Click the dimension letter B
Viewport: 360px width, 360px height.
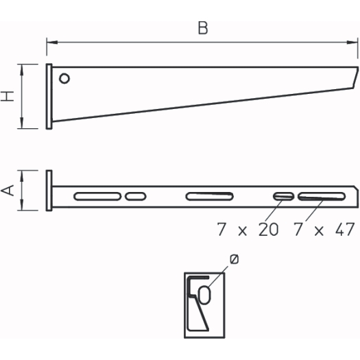[x=203, y=28]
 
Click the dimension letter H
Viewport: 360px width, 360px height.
[x=8, y=96]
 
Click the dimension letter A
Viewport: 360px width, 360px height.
[x=8, y=190]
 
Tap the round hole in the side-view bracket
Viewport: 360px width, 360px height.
[x=64, y=79]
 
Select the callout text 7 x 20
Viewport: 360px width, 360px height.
[x=248, y=229]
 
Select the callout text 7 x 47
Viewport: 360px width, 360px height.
[x=324, y=229]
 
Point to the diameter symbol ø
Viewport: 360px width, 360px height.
[x=235, y=259]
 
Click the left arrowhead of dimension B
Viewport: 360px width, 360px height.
[x=52, y=43]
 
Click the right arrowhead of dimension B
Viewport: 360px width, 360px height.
[x=352, y=43]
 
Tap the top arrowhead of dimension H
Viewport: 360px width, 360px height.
[x=22, y=70]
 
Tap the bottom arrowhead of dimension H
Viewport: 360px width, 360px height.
[x=22, y=123]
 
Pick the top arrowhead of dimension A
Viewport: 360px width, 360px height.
[x=22, y=176]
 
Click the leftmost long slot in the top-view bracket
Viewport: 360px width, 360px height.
[x=97, y=197]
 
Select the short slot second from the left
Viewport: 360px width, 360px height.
[x=136, y=197]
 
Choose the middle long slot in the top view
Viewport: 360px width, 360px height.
[x=210, y=197]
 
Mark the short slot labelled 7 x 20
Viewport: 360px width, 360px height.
[x=284, y=197]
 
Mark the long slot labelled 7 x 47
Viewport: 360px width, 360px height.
[x=322, y=197]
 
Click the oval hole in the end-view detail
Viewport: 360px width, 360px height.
[x=204, y=295]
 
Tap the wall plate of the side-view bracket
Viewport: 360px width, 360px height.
[x=49, y=97]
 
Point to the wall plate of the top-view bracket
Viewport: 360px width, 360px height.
[x=49, y=191]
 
